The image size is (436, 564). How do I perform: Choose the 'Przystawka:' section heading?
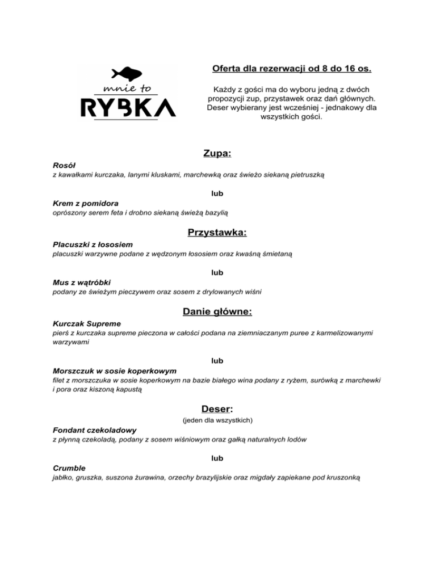tap(217, 232)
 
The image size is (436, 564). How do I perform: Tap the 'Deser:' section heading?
tap(217, 409)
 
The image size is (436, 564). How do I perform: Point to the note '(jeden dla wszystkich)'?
tap(217, 421)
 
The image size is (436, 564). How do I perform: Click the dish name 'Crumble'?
tap(69, 469)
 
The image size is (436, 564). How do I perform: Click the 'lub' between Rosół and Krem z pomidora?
tap(217, 193)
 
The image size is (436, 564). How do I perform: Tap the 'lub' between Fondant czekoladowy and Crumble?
tap(217, 458)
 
